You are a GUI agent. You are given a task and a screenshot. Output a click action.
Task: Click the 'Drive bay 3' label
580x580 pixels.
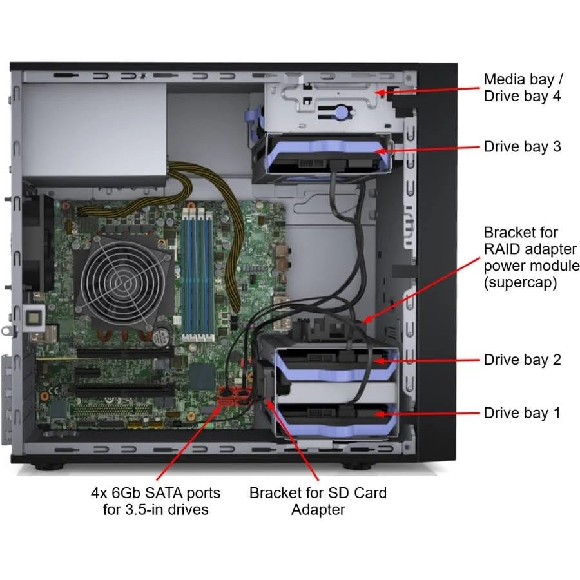[522, 147]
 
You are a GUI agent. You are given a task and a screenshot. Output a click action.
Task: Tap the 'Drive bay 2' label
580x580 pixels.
[522, 360]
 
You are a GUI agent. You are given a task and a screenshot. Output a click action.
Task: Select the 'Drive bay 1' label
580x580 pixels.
[521, 413]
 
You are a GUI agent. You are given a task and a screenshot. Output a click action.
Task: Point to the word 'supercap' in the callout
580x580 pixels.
[521, 283]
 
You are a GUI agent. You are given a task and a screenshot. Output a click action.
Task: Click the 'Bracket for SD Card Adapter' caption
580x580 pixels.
[318, 501]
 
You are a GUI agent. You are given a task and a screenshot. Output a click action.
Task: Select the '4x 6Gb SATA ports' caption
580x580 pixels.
[156, 493]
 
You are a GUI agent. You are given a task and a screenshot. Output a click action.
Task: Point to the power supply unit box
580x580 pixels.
[94, 133]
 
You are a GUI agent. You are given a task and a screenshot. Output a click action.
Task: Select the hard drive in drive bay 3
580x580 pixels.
[321, 159]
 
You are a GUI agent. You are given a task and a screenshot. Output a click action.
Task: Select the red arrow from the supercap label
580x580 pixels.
[421, 291]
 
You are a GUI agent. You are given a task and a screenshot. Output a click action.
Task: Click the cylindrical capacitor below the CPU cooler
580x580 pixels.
[162, 336]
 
